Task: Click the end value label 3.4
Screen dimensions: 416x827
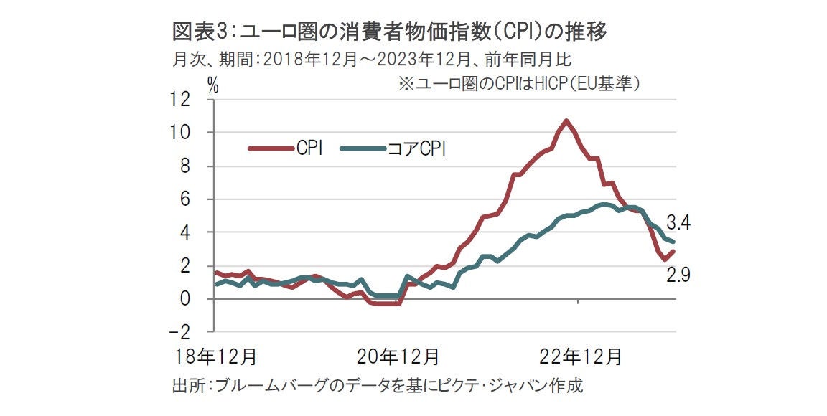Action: (x=678, y=222)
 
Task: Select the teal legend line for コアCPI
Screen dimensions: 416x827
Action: (x=362, y=148)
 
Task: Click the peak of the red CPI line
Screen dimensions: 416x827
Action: (x=566, y=120)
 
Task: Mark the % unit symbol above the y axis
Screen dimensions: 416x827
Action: (x=213, y=83)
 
